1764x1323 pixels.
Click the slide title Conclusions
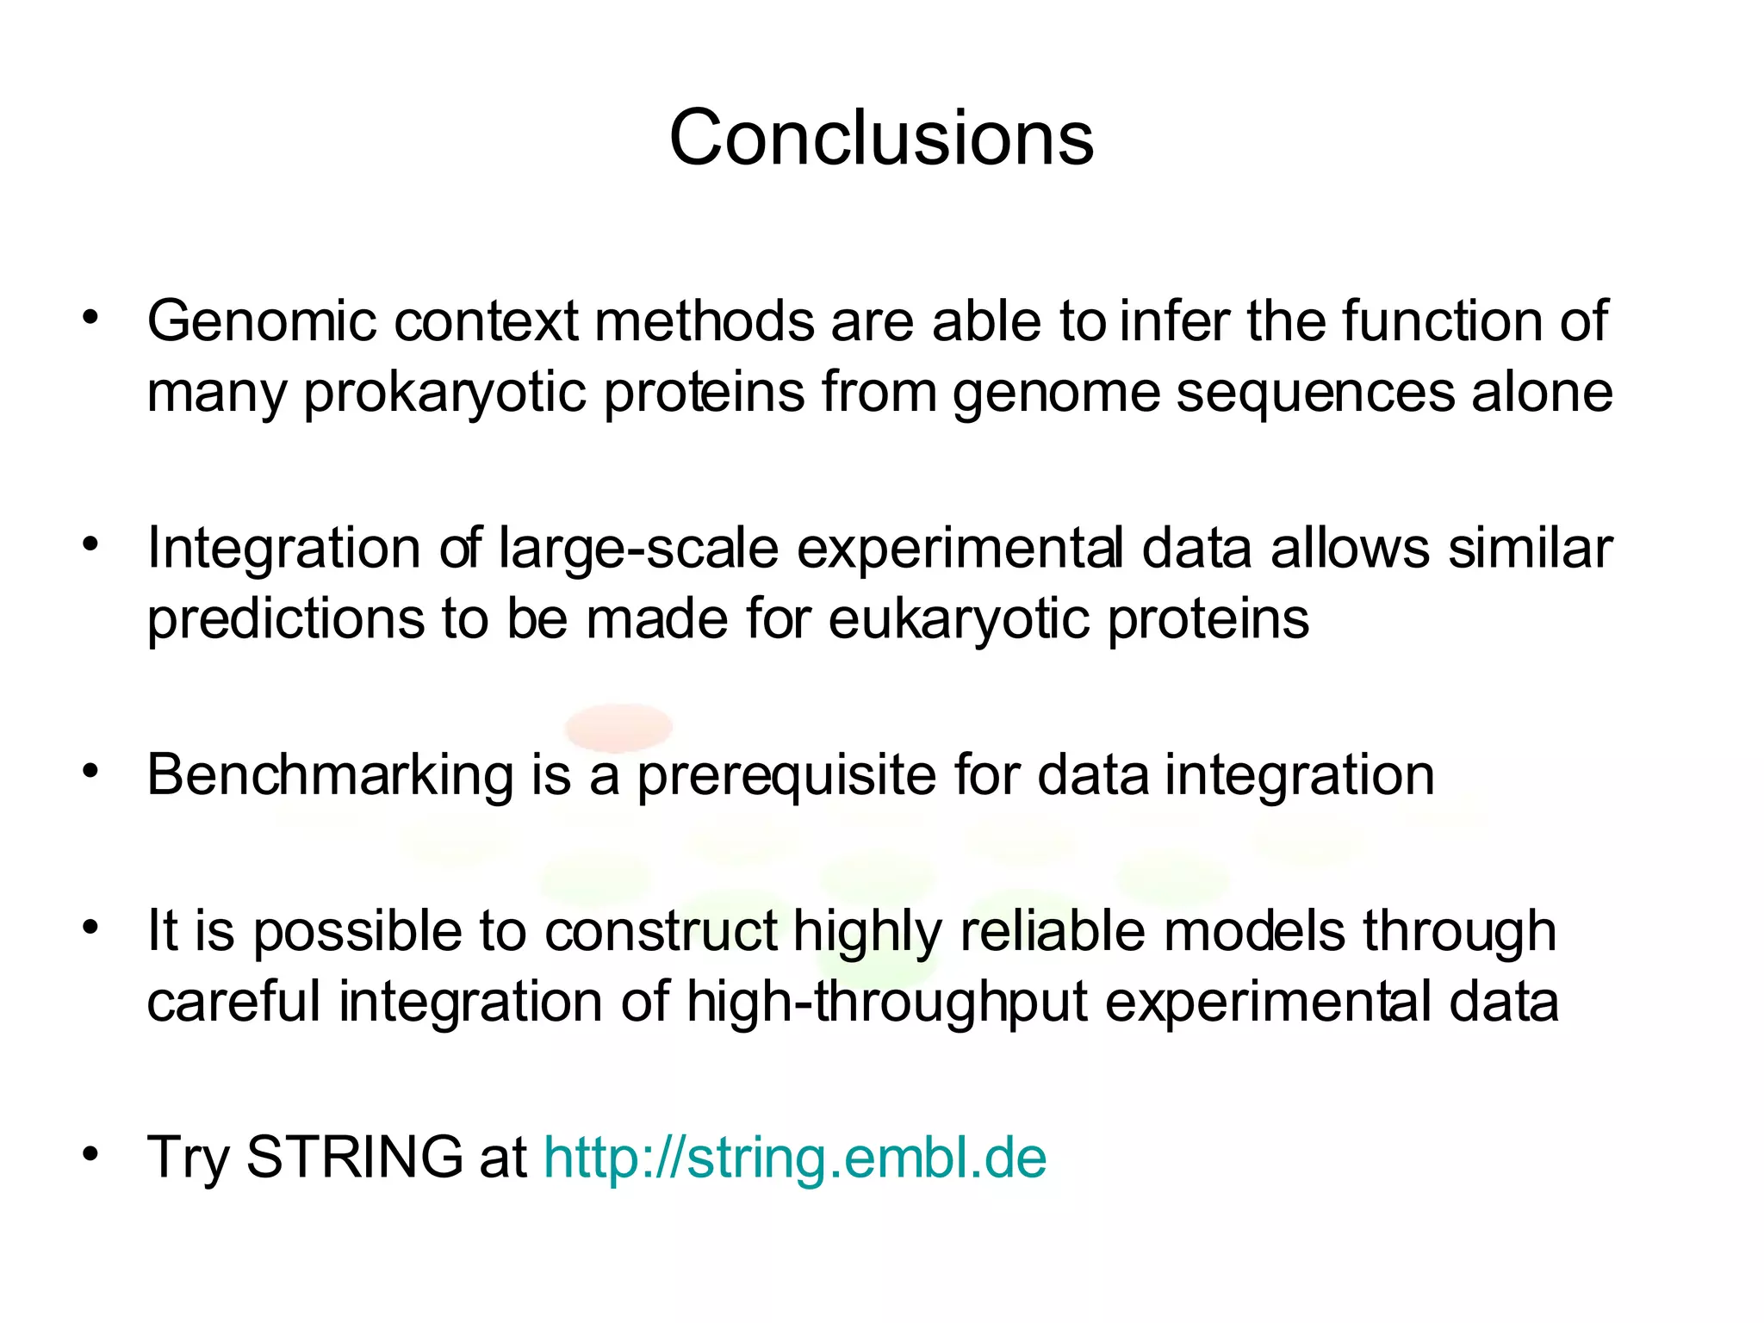tap(881, 138)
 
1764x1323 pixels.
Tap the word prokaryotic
tap(444, 393)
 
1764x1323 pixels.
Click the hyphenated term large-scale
tap(638, 550)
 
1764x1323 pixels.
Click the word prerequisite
tap(786, 775)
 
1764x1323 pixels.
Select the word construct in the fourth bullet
tap(661, 932)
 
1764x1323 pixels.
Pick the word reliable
tap(1052, 932)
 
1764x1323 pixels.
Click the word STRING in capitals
tap(355, 1158)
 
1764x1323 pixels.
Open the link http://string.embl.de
tap(795, 1158)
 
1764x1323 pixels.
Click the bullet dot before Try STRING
tap(91, 1152)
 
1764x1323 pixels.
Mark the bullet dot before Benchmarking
tap(91, 771)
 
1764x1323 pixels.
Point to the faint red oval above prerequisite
tap(618, 725)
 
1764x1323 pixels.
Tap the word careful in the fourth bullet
tap(233, 1003)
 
